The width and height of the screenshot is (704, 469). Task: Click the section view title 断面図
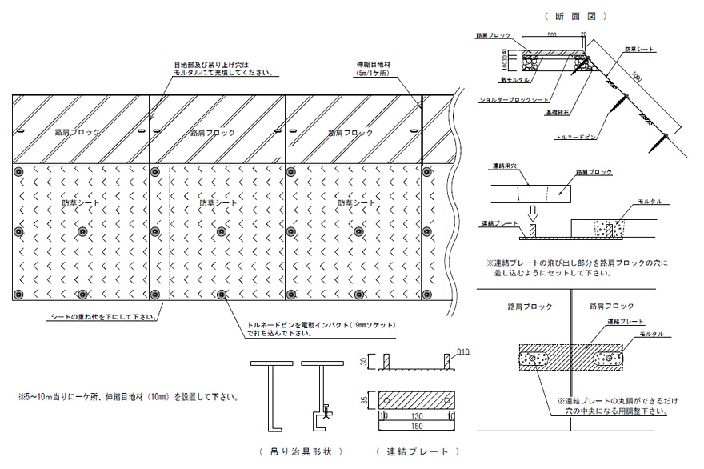[575, 15]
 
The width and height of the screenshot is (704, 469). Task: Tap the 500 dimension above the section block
[551, 35]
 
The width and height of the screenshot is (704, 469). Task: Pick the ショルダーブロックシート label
[514, 101]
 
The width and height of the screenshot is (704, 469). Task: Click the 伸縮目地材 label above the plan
[373, 67]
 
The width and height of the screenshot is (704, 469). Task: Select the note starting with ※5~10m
[128, 396]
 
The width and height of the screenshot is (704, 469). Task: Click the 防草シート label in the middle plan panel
[218, 203]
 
